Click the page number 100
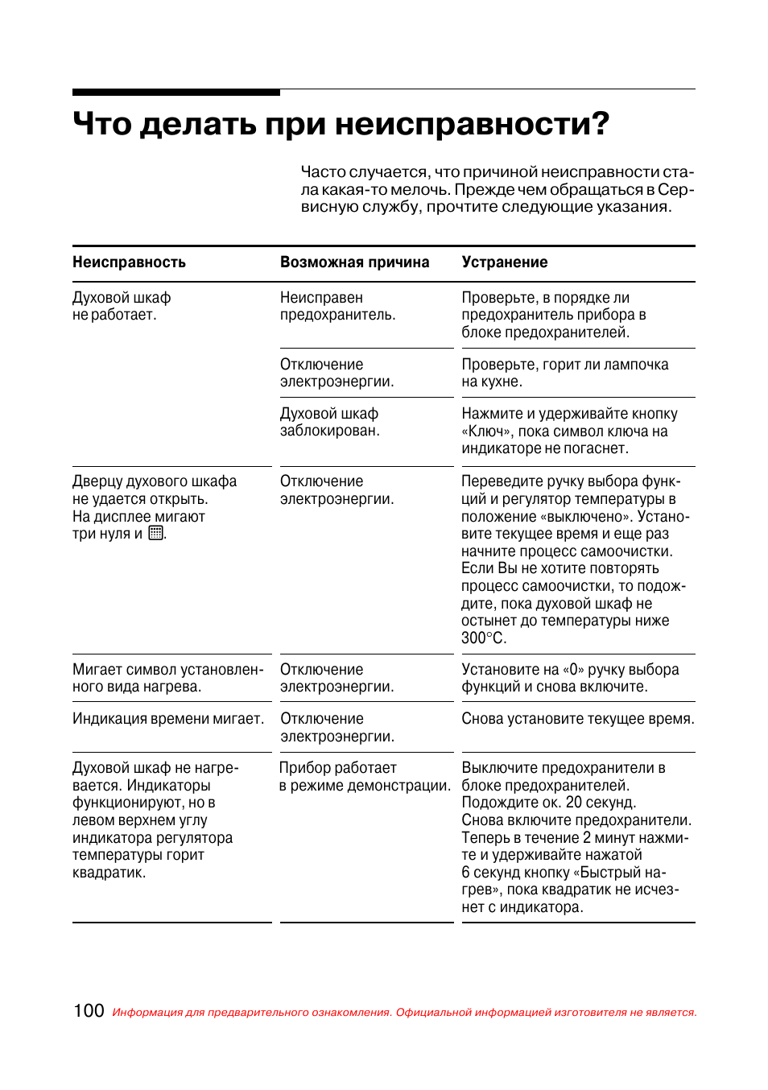(89, 1011)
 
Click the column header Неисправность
(129, 262)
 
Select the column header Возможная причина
(354, 262)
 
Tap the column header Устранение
(504, 262)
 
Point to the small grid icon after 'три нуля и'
(156, 533)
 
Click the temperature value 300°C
(483, 638)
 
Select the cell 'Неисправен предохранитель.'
(337, 307)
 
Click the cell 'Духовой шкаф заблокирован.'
(329, 423)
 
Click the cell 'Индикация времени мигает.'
(168, 719)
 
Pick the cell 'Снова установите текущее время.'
(577, 719)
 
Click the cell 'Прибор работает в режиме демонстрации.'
(364, 777)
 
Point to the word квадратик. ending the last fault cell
(109, 873)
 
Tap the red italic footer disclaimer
(404, 1013)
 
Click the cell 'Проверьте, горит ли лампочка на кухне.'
(564, 373)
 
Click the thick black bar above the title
(176, 93)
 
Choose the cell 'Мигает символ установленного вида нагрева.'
(167, 678)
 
